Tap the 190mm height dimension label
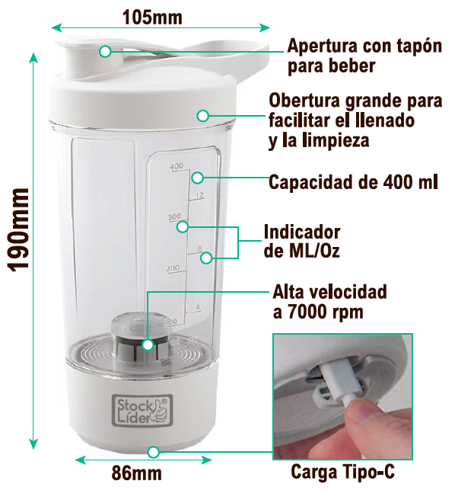coord(17,229)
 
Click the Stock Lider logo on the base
coord(141,409)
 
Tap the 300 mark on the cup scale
coord(174,217)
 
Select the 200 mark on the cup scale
coord(173,268)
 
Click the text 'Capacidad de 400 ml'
coord(355,183)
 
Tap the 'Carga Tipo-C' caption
coord(342,473)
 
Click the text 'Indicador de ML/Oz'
coord(301,241)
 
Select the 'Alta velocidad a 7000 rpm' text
coord(329,302)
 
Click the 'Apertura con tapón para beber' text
coord(364,56)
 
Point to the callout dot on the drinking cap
coord(105,51)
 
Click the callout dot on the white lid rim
coord(202,115)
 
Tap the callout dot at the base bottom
coord(154,451)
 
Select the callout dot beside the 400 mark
coord(196,178)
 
